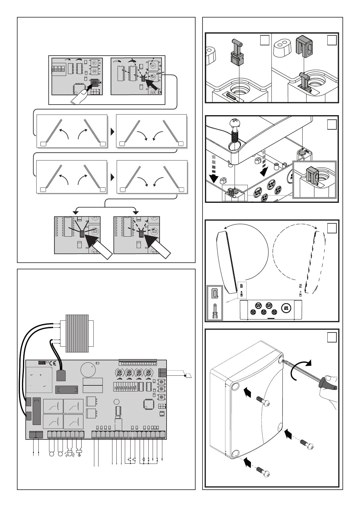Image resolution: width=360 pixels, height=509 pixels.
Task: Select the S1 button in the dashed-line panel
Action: pos(153,66)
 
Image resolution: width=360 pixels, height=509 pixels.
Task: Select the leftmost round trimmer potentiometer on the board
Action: pos(120,372)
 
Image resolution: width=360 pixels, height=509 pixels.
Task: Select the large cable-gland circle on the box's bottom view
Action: pos(286,308)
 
